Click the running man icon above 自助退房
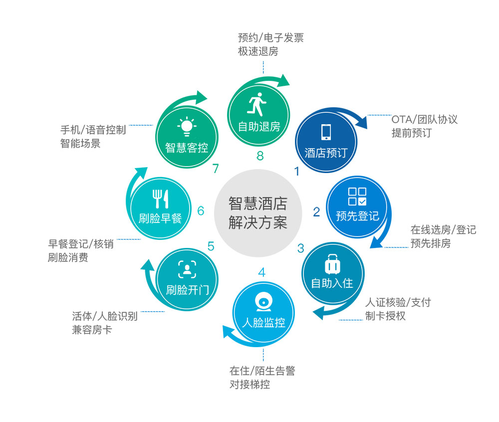click(256, 104)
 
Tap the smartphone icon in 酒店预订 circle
click(326, 132)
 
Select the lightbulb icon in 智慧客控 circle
click(187, 127)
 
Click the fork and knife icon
click(160, 199)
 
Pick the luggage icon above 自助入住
click(332, 264)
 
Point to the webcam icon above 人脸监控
click(264, 302)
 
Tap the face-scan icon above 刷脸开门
click(187, 269)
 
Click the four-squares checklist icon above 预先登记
click(357, 197)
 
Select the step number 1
click(297, 172)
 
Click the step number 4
click(261, 272)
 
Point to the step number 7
click(216, 169)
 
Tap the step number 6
click(201, 211)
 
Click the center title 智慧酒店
click(258, 204)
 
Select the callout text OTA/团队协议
click(425, 120)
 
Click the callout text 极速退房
click(258, 51)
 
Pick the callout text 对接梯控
click(250, 385)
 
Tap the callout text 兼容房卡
click(92, 330)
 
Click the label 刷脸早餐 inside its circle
click(160, 218)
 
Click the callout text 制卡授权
click(385, 316)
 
